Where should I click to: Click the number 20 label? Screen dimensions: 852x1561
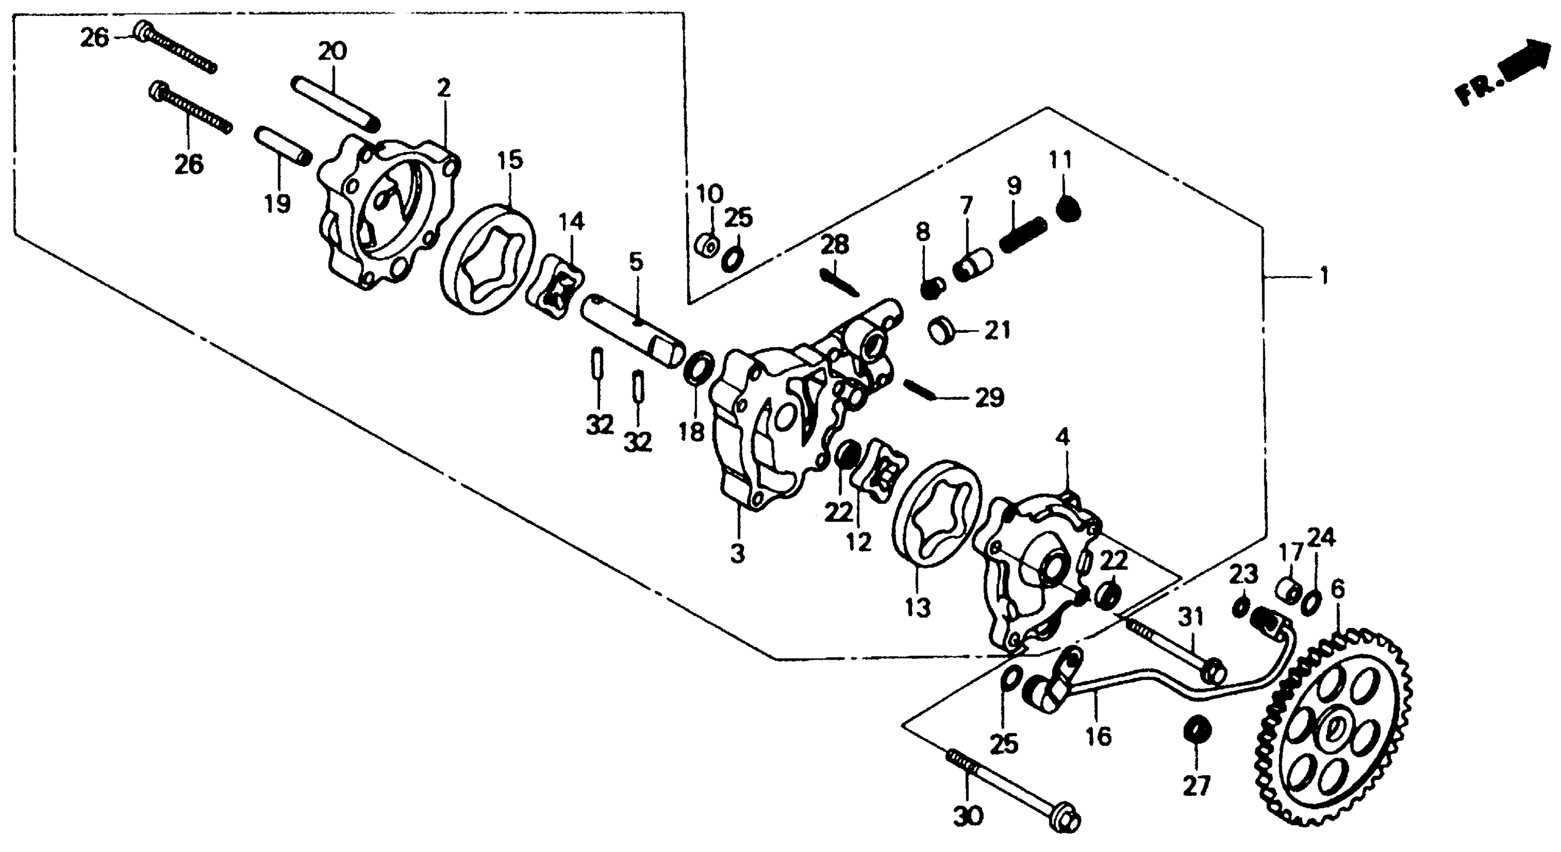[332, 51]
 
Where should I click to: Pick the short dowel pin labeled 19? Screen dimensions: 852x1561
[282, 148]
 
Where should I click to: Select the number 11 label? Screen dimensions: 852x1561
[1060, 159]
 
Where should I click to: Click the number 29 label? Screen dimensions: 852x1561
[989, 397]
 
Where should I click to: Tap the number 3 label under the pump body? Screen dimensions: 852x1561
[737, 553]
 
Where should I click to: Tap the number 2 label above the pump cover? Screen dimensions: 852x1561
[444, 89]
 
